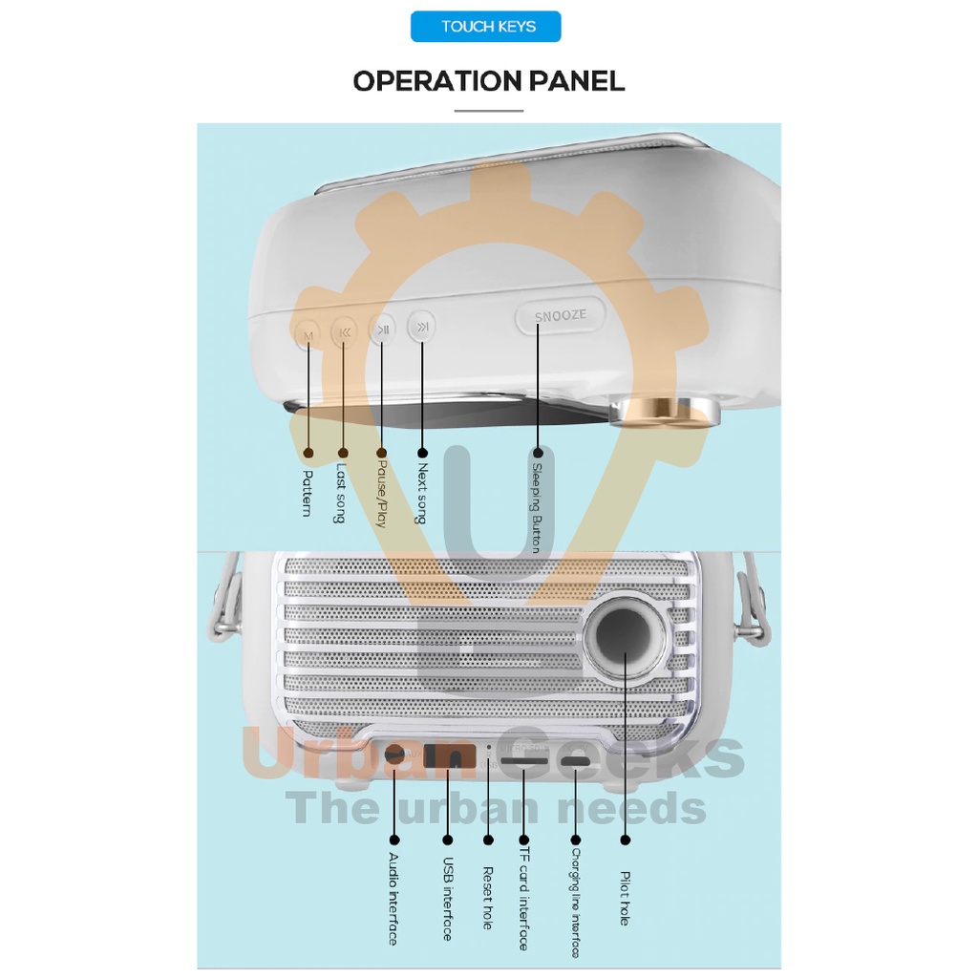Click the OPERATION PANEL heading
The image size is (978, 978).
pyautogui.click(x=489, y=81)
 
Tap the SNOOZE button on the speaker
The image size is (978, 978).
pyautogui.click(x=560, y=316)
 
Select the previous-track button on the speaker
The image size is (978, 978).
pyautogui.click(x=344, y=332)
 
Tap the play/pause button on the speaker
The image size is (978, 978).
pyautogui.click(x=383, y=330)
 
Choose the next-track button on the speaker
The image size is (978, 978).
pyautogui.click(x=421, y=328)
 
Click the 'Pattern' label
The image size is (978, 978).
pyautogui.click(x=308, y=492)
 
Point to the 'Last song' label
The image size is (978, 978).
pyautogui.click(x=341, y=494)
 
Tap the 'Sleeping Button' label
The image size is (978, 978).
pyautogui.click(x=537, y=507)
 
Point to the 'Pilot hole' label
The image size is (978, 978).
pyautogui.click(x=626, y=898)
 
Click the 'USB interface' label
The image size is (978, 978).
pyautogui.click(x=447, y=899)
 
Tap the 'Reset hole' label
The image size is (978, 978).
pyautogui.click(x=488, y=898)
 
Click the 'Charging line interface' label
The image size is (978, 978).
pyautogui.click(x=576, y=903)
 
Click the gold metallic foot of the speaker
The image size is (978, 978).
pyautogui.click(x=669, y=411)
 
